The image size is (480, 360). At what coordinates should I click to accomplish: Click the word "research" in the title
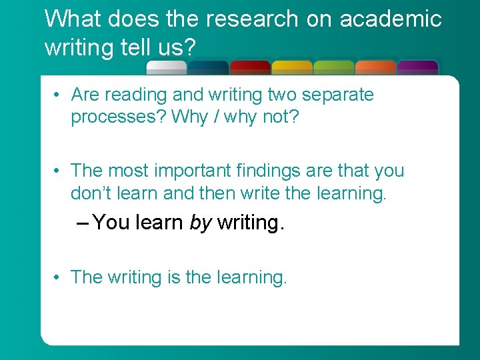point(253,19)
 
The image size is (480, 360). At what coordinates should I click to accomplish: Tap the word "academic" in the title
point(391,19)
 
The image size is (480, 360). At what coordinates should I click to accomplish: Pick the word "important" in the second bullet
point(192,171)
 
